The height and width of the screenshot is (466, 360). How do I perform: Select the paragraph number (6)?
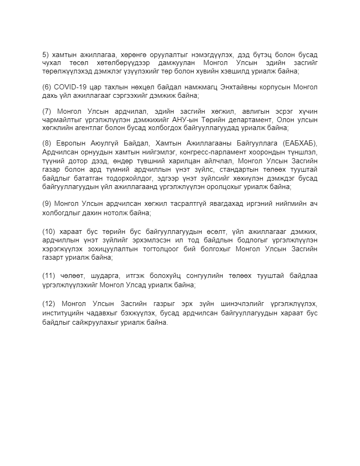click(46, 87)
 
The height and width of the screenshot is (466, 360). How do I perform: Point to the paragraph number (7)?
click(47, 111)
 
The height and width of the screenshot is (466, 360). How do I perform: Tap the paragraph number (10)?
click(48, 233)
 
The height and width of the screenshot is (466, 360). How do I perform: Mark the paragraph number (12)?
click(48, 304)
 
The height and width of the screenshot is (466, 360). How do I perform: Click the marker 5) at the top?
click(45, 54)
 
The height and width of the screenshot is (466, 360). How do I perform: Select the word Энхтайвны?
click(226, 87)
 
